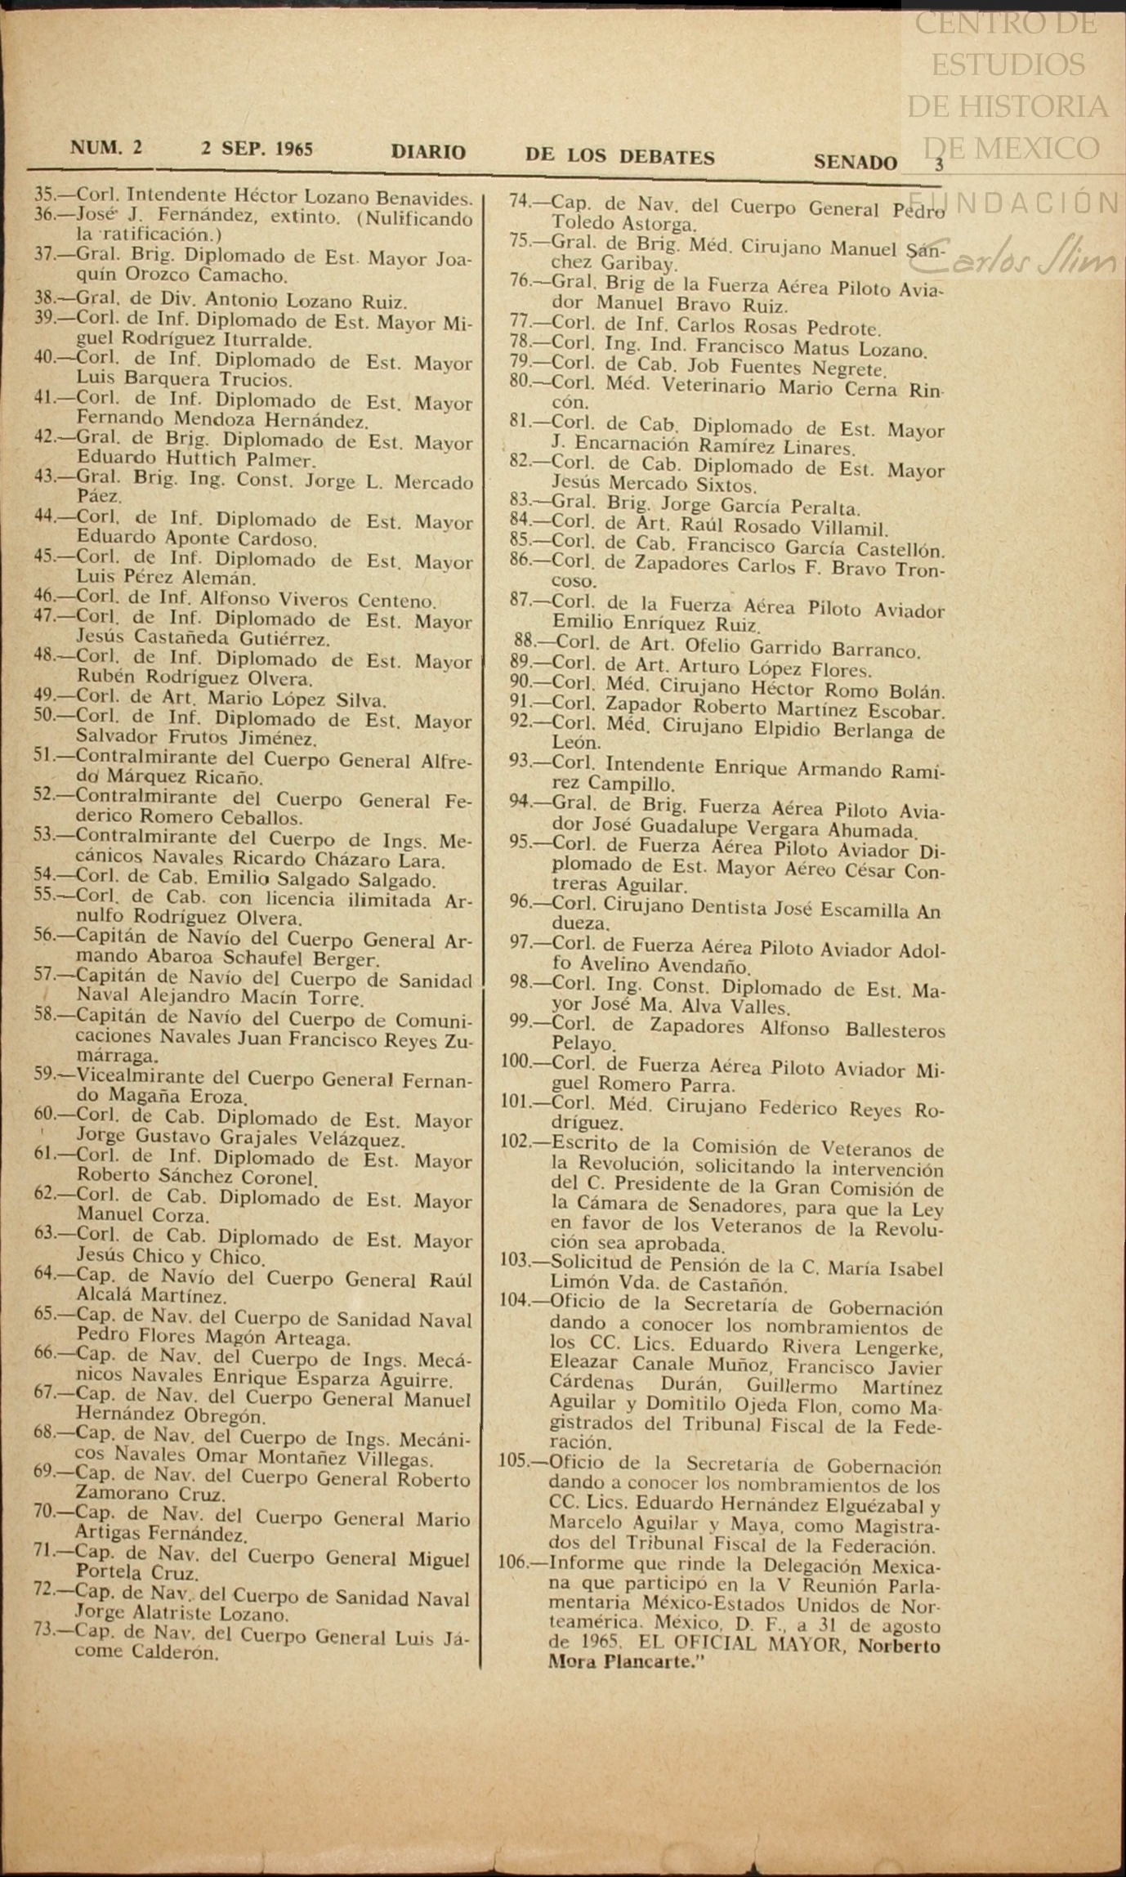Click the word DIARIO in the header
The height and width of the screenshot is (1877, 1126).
click(428, 152)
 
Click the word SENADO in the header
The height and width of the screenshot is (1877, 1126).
click(855, 162)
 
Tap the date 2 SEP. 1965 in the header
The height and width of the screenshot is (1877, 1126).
click(257, 149)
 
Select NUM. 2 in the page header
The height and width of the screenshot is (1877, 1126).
click(106, 147)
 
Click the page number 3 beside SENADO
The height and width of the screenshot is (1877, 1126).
click(939, 164)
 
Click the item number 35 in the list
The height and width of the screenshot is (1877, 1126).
click(44, 194)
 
